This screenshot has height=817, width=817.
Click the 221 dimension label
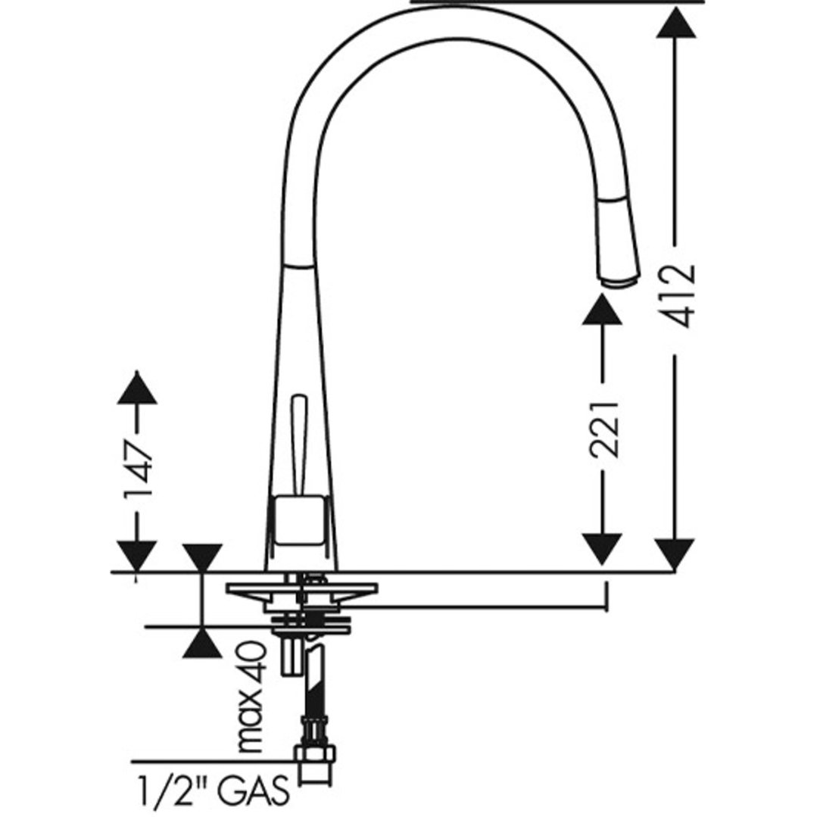pyautogui.click(x=606, y=428)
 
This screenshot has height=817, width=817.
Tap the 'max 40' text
pyautogui.click(x=251, y=697)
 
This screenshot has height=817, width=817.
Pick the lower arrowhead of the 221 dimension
pyautogui.click(x=603, y=549)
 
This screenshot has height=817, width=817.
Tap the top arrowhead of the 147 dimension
pyautogui.click(x=137, y=387)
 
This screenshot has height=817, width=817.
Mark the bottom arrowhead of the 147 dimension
pyautogui.click(x=137, y=555)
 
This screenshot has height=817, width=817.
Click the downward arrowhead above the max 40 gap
pyautogui.click(x=202, y=557)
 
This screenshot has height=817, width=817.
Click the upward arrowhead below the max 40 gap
pyautogui.click(x=202, y=643)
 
